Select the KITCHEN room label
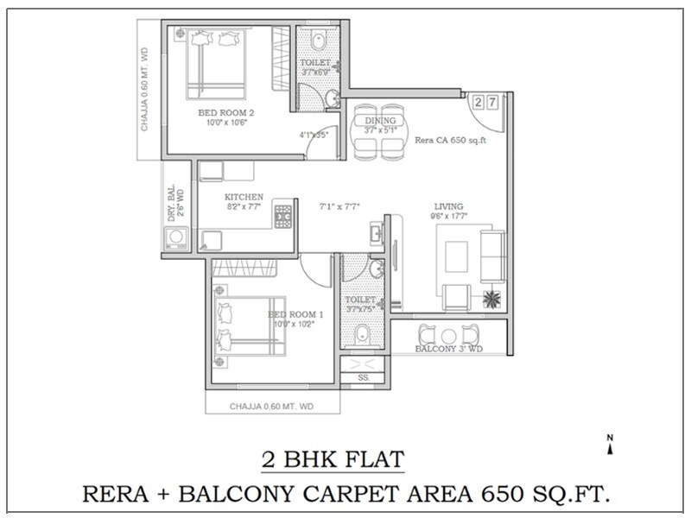(x=244, y=197)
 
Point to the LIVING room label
(x=449, y=206)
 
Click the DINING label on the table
(x=380, y=120)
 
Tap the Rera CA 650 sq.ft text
(x=446, y=139)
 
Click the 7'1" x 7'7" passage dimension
(x=339, y=206)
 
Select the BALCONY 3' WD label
(x=448, y=350)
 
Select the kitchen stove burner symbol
(x=283, y=214)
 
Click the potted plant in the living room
(x=491, y=299)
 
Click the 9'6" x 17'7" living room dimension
(x=449, y=217)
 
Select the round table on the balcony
(x=447, y=335)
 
